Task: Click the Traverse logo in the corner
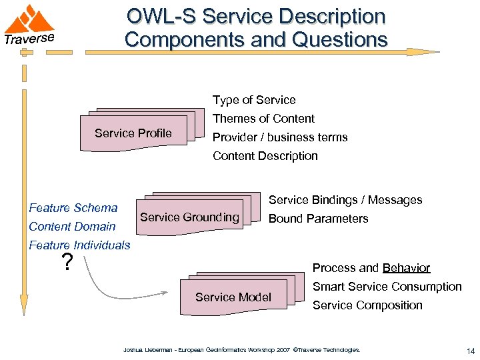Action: (29, 25)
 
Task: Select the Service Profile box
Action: (133, 133)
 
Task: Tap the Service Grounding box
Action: (189, 217)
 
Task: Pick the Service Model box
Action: (233, 297)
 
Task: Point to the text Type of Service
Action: (254, 100)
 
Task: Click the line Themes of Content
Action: (263, 119)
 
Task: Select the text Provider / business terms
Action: (280, 137)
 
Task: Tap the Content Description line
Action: (265, 156)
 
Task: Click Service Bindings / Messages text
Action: (345, 200)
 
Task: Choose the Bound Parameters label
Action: (318, 219)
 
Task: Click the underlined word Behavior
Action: (406, 268)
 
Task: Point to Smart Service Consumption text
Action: (387, 287)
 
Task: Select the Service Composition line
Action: (367, 305)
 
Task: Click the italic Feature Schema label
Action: (73, 208)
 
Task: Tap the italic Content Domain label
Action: (72, 227)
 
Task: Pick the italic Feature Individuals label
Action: (79, 245)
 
